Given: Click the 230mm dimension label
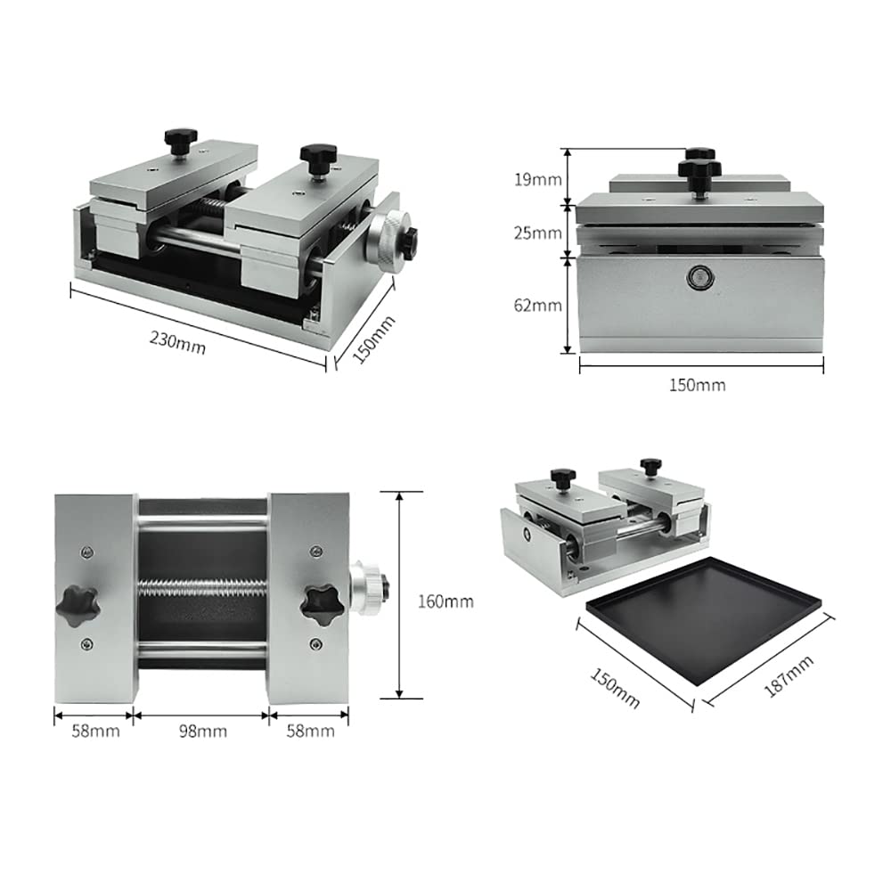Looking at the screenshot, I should [178, 342].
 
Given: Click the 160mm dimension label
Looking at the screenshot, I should [445, 601].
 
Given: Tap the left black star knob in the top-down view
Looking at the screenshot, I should [77, 606].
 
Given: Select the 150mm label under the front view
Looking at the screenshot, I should [697, 385].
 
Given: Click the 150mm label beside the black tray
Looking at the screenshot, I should [614, 688].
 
